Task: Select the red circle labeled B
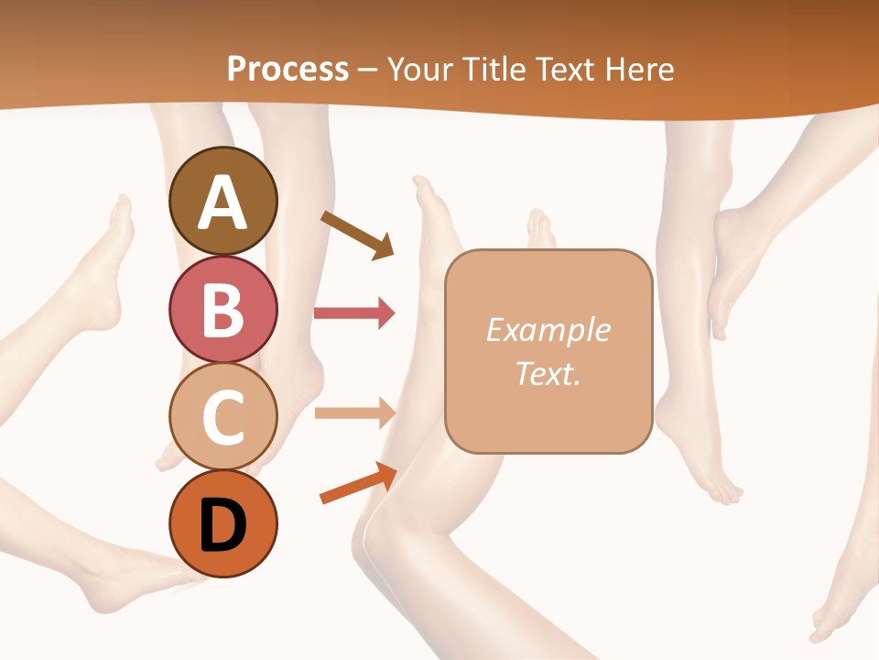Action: point(222,309)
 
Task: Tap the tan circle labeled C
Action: point(222,416)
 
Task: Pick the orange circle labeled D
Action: point(222,523)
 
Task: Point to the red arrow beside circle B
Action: point(354,313)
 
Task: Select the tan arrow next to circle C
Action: point(354,413)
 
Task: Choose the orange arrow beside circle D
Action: point(358,483)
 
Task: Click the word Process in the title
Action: point(288,69)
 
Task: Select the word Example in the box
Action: point(548,330)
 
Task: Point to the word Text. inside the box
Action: point(548,373)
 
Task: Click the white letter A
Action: point(222,203)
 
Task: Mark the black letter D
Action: point(222,525)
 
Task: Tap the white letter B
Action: point(222,310)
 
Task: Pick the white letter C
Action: point(222,417)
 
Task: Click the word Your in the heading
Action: point(420,69)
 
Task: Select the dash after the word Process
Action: point(368,70)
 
